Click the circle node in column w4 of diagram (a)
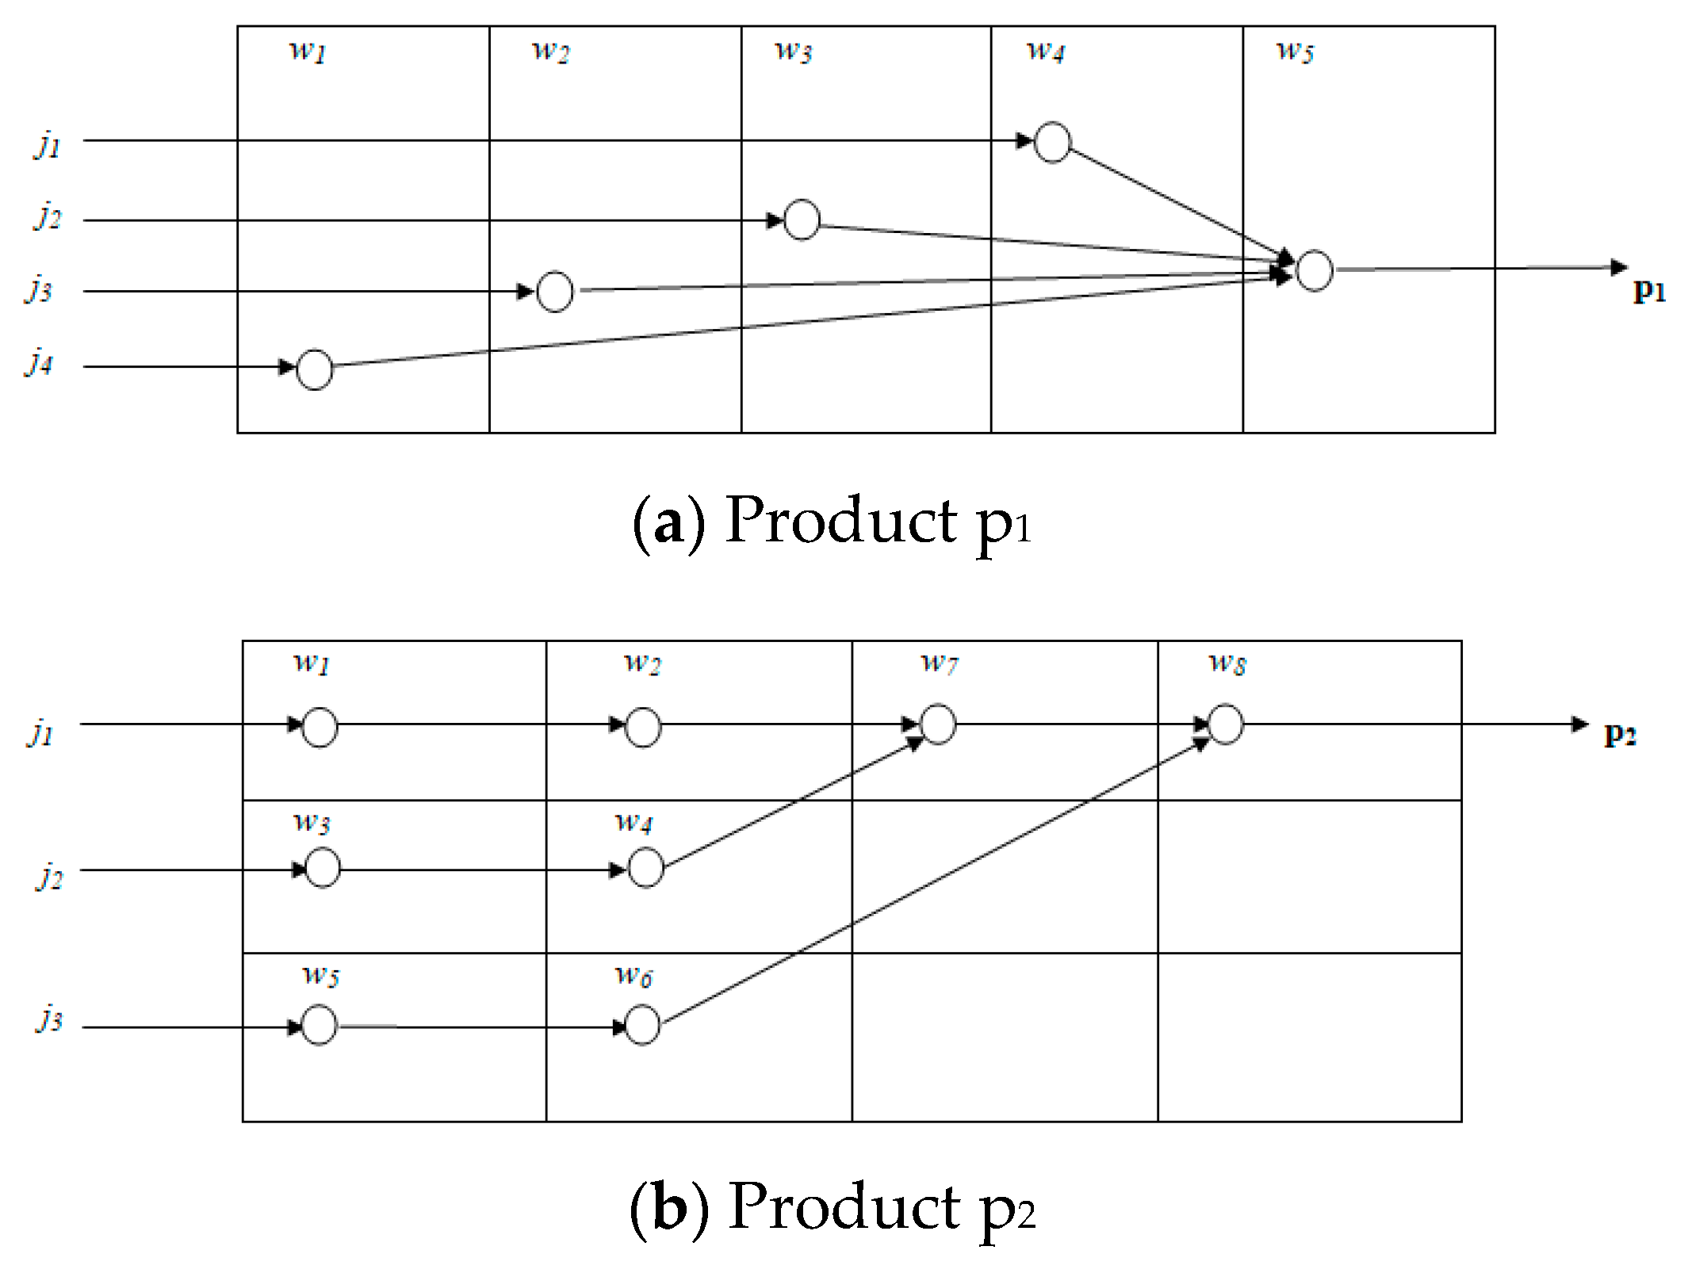coord(1051,143)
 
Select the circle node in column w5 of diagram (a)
coord(1313,271)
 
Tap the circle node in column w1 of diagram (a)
coord(314,369)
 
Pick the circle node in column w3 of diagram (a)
coord(801,220)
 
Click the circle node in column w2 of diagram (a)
coord(554,292)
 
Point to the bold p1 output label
coord(1649,291)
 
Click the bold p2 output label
coord(1620,735)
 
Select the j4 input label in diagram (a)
coord(39,363)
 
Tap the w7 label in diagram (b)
coord(939,662)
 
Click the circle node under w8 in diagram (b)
coord(1225,724)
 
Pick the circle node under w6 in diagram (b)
coord(641,1025)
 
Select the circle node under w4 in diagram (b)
coord(645,868)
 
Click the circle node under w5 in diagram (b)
coord(320,1025)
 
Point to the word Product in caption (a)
coord(841,521)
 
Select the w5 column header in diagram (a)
coord(1294,52)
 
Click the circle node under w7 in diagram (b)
coord(938,724)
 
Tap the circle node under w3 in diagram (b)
coord(322,868)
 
